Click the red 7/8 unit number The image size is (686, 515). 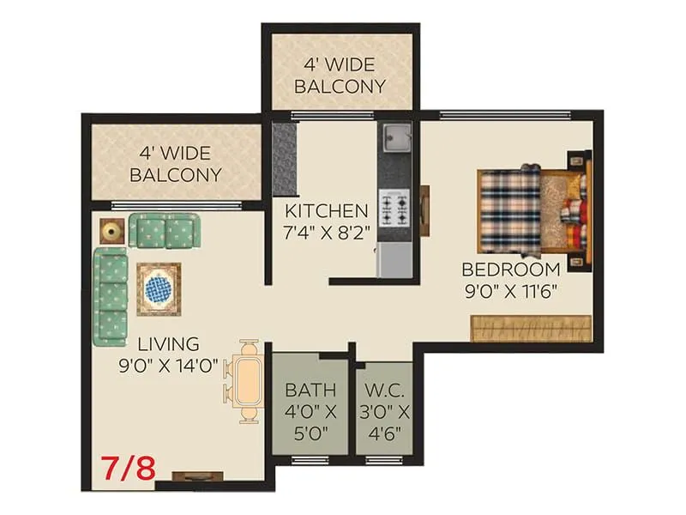(129, 470)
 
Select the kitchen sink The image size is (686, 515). (395, 136)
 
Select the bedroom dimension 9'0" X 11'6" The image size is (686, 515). (511, 290)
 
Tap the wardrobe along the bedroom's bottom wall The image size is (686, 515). (531, 328)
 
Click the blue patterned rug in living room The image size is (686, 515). (159, 288)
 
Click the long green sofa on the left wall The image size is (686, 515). (109, 294)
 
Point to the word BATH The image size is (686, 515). (310, 390)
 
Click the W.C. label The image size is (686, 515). (383, 390)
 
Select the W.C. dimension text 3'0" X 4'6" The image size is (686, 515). (383, 421)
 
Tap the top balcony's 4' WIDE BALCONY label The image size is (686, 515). (340, 75)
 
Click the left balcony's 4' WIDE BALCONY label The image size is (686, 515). (176, 163)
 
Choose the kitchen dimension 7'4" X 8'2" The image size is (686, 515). (327, 233)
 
